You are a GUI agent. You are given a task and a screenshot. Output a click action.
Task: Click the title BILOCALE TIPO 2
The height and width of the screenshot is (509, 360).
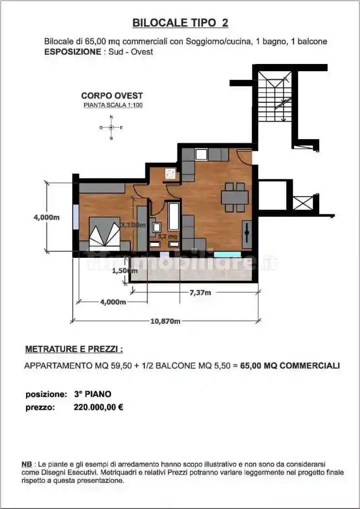180,23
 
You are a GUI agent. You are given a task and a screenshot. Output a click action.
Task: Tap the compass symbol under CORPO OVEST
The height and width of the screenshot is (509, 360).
111,127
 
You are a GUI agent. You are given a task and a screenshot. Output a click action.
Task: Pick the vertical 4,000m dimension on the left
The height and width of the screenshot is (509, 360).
47,218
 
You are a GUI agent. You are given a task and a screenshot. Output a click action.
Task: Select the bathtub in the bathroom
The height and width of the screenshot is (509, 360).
173,217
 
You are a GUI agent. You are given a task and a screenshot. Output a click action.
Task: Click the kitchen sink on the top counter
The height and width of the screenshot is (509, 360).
201,155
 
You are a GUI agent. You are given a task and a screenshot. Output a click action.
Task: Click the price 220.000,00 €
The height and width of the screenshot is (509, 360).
98,408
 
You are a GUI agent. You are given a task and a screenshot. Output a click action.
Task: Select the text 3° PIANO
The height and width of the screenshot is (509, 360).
93,394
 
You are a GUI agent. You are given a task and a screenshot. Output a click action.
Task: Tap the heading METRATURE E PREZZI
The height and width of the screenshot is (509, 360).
74,349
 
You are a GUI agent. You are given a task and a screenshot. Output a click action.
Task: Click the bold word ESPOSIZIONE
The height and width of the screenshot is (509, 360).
72,51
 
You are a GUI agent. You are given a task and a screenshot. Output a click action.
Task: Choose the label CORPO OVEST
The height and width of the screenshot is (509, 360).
112,96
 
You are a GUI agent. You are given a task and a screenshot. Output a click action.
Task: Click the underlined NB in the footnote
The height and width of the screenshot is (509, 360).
27,464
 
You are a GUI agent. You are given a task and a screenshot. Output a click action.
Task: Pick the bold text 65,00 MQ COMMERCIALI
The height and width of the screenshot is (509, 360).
290,366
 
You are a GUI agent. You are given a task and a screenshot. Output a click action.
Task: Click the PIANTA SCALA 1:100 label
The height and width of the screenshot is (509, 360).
113,105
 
